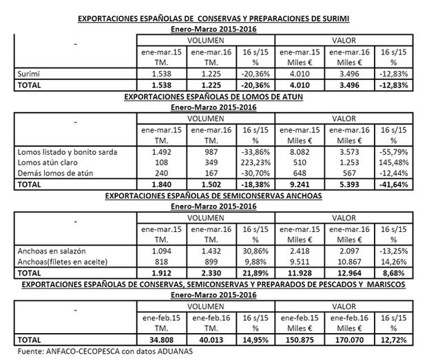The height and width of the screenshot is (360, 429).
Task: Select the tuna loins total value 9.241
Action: tap(302, 185)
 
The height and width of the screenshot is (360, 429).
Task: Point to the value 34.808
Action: tap(160, 339)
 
